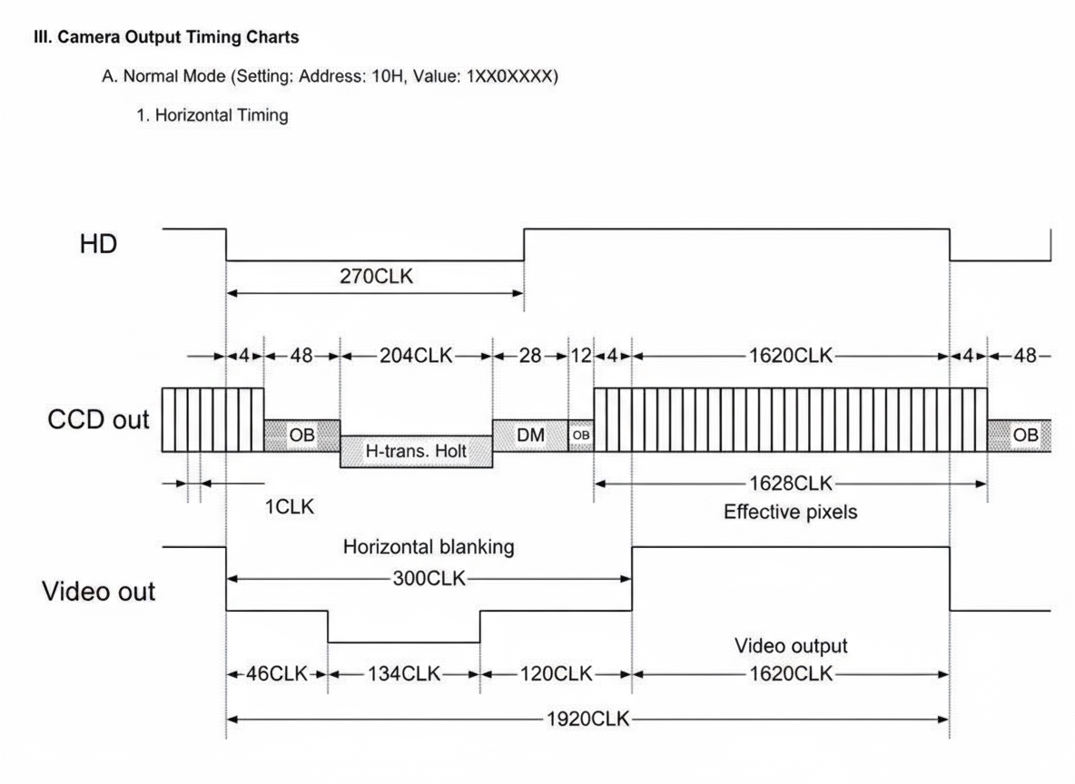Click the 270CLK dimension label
pos(375,277)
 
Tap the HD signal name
pos(97,243)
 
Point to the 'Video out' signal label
pos(99,592)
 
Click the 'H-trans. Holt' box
pos(416,450)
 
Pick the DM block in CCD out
pos(530,435)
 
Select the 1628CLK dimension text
pos(790,484)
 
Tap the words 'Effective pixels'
pos(790,512)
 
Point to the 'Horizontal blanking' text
pos(429,547)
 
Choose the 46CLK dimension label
pos(276,674)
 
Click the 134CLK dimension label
pos(403,674)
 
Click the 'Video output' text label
pos(791,646)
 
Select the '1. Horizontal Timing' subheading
pos(212,115)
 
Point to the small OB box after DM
pos(581,436)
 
